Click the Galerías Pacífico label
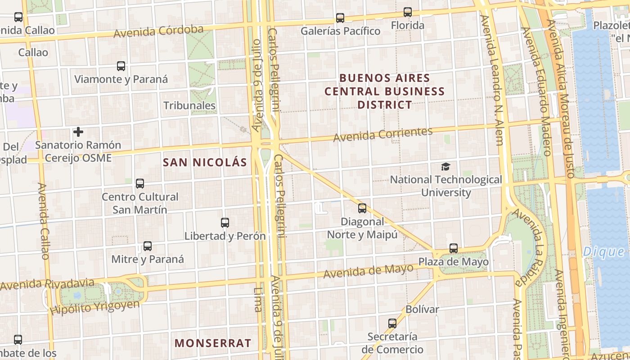tap(340, 31)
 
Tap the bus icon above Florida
tap(408, 12)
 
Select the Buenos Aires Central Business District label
tap(385, 91)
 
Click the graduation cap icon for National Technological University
tap(445, 166)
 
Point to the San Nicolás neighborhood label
tap(205, 162)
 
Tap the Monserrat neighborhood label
tap(213, 343)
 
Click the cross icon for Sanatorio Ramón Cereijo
tap(78, 132)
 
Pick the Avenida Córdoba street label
tap(158, 31)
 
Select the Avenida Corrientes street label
tap(382, 134)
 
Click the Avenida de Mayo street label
tap(368, 271)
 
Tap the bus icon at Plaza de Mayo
tap(454, 248)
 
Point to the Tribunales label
tap(189, 106)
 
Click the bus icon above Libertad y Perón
tap(225, 222)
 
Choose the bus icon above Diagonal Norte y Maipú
tap(362, 208)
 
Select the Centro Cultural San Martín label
tap(139, 203)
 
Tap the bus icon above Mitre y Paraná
tap(148, 246)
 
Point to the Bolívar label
tap(422, 309)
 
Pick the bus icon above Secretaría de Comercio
tap(392, 323)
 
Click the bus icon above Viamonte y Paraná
tap(121, 66)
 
